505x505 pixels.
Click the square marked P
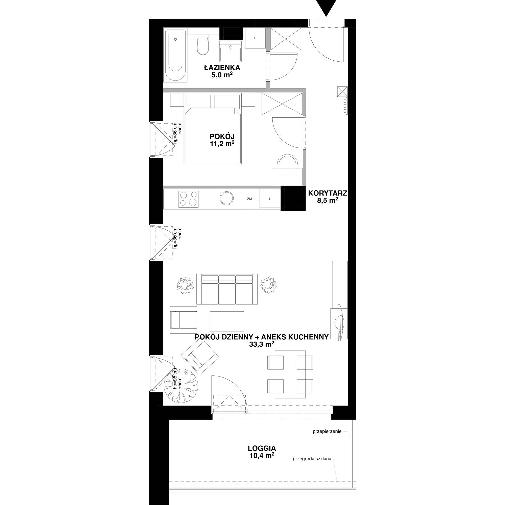click(x=255, y=38)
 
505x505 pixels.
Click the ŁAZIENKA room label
click(x=222, y=68)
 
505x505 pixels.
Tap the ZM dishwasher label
click(x=249, y=199)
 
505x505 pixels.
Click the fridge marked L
click(x=270, y=199)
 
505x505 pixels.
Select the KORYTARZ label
click(x=327, y=193)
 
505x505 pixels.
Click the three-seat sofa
click(x=227, y=289)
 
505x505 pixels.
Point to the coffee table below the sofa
click(x=227, y=321)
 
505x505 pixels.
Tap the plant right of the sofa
click(x=268, y=285)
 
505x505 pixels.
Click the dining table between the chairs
click(x=290, y=374)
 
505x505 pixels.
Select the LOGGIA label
click(x=262, y=448)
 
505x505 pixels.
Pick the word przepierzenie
click(x=327, y=432)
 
